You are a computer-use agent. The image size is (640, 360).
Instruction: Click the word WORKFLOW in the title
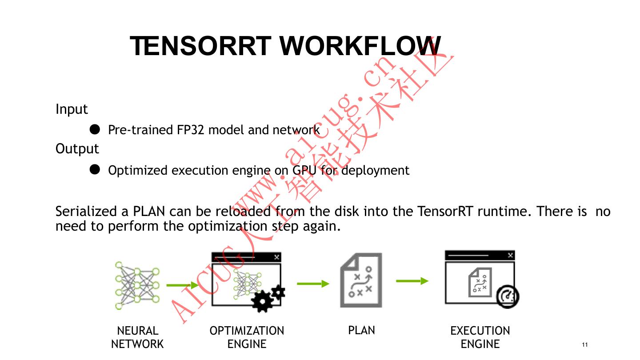361,45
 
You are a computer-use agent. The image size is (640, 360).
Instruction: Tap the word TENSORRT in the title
201,45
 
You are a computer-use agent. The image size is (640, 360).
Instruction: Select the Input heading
72,109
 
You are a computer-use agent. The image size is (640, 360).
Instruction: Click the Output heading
77,148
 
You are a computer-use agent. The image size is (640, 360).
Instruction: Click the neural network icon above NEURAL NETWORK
137,285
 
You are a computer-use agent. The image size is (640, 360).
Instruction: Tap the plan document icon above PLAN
361,280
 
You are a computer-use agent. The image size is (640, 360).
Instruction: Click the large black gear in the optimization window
262,301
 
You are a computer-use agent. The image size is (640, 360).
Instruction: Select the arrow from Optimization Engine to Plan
313,284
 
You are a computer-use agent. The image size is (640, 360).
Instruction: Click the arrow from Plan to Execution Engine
412,281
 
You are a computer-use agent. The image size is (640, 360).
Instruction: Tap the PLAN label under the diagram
361,330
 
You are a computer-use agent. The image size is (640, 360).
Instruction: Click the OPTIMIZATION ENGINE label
247,337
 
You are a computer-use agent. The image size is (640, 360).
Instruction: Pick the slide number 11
584,345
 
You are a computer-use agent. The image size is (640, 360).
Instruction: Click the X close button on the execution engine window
510,255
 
